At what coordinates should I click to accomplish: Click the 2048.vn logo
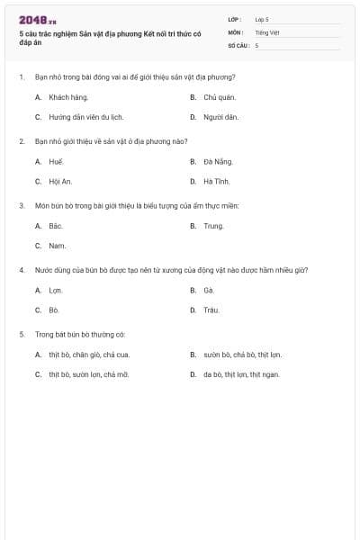(37, 19)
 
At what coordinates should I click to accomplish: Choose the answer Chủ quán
(220, 96)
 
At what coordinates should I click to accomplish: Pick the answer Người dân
(220, 117)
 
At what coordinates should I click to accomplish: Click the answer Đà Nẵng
(218, 161)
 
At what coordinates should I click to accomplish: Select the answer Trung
(213, 226)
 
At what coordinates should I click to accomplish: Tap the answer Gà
(209, 290)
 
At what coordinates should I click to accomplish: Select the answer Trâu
(211, 310)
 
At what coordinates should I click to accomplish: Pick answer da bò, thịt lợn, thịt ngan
(241, 374)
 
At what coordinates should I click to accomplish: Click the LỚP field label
(235, 19)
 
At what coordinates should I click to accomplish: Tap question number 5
(22, 334)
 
